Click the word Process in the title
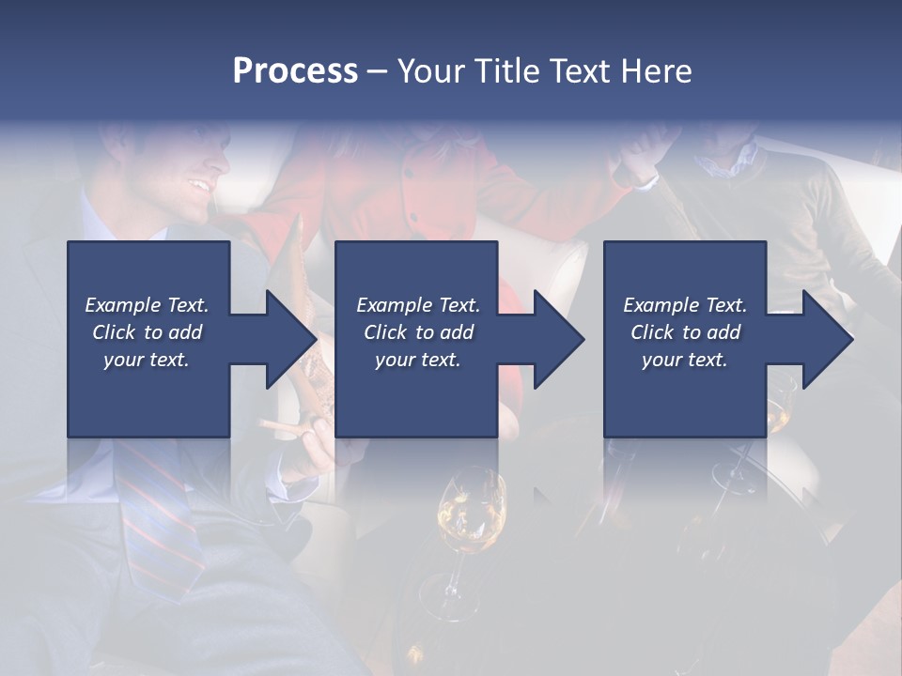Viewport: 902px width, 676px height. [295, 71]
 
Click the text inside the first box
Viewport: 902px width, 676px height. [147, 332]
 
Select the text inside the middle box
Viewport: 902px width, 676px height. [417, 332]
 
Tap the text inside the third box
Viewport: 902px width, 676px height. [684, 332]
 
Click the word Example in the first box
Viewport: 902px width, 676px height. [122, 305]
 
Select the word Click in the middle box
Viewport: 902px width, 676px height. [384, 332]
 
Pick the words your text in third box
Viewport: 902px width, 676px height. [684, 360]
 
